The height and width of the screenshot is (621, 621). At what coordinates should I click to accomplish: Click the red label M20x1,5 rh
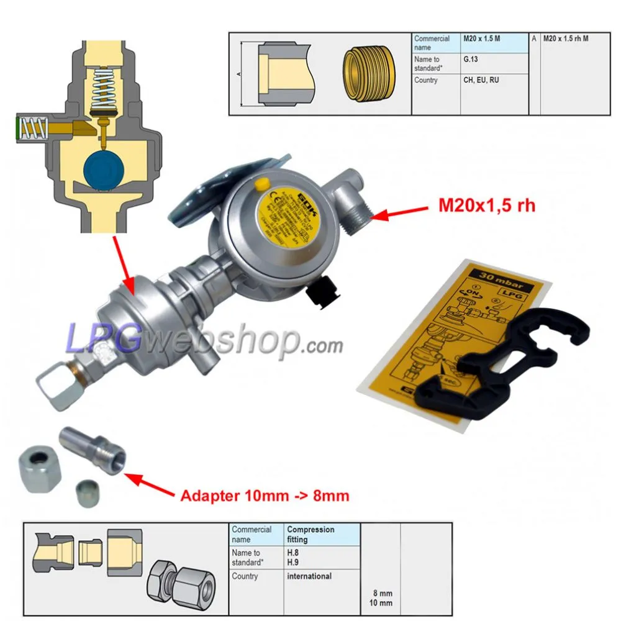click(x=486, y=206)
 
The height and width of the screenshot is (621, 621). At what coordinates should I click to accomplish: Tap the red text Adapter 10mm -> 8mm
click(x=265, y=496)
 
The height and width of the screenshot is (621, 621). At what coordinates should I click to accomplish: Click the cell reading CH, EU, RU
click(x=481, y=80)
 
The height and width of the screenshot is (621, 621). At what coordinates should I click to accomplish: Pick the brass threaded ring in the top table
click(x=368, y=75)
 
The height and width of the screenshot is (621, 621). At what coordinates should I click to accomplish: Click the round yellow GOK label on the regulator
click(x=284, y=215)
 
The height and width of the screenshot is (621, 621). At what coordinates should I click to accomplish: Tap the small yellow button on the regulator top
click(x=262, y=183)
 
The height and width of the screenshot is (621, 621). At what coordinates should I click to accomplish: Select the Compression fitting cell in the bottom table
click(x=310, y=535)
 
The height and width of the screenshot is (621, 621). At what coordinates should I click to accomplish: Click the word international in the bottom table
click(x=309, y=576)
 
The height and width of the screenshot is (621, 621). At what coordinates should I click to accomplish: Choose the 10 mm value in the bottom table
click(x=380, y=603)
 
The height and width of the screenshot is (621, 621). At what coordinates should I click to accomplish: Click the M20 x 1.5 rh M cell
click(x=566, y=39)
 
